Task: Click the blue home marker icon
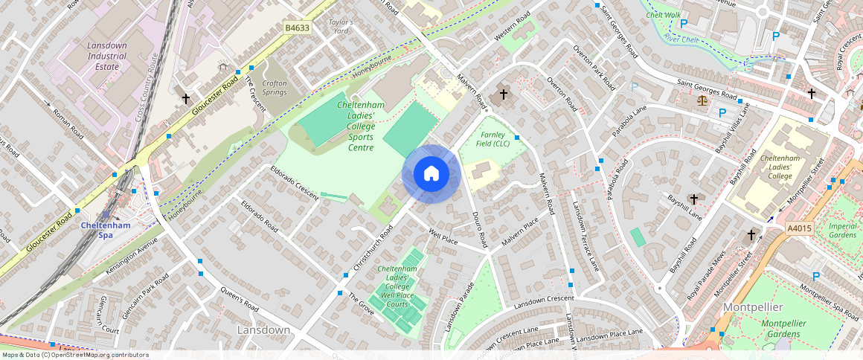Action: pyautogui.click(x=431, y=174)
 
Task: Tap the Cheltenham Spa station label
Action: pyautogui.click(x=105, y=230)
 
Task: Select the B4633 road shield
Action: pyautogui.click(x=297, y=28)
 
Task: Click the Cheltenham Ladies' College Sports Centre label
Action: pyautogui.click(x=361, y=126)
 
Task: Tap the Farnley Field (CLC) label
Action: pyautogui.click(x=493, y=139)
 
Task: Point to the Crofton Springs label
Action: pyautogui.click(x=275, y=87)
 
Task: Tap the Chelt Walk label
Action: pyautogui.click(x=664, y=15)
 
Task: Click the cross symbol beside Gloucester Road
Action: pyautogui.click(x=186, y=98)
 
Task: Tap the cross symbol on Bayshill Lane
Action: pyautogui.click(x=694, y=199)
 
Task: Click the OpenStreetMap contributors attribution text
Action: pyautogui.click(x=74, y=355)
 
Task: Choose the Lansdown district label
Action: pyautogui.click(x=263, y=330)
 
